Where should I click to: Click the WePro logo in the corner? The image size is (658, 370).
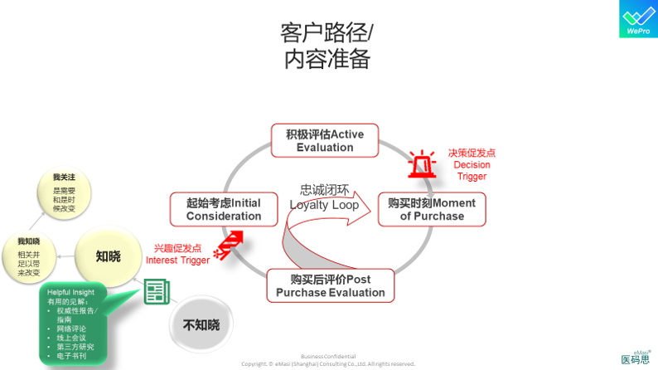(x=638, y=18)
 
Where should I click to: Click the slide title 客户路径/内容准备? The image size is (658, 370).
(x=327, y=46)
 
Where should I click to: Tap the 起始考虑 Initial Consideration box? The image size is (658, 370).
(x=223, y=209)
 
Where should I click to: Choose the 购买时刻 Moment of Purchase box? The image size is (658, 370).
(x=432, y=209)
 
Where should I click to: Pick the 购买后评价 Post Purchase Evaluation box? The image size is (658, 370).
(x=330, y=285)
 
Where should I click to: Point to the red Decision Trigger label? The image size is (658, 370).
(x=472, y=164)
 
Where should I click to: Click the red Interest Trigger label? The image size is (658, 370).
(x=177, y=254)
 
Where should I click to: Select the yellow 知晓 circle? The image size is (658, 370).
(x=108, y=256)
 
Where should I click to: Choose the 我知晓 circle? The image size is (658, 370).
(x=29, y=256)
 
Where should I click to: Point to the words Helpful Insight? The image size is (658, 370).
(x=71, y=293)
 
